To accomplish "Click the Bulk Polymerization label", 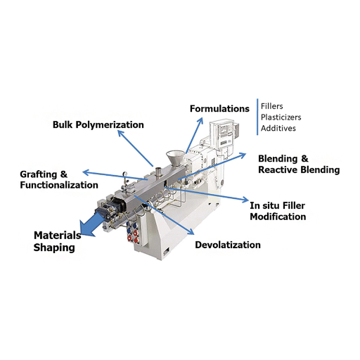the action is click(98, 124).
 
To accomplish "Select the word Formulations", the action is click(219, 108).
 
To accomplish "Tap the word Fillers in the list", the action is click(272, 106).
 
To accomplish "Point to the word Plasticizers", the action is click(281, 117).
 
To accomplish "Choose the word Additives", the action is click(278, 128).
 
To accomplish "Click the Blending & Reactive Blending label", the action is click(299, 164).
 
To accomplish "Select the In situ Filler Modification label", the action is click(278, 211).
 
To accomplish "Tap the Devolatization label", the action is click(228, 245).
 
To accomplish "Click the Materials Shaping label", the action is click(58, 241).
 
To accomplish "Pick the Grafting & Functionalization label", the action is click(59, 179).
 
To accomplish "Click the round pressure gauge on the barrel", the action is click(125, 174).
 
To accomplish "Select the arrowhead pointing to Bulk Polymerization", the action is click(120, 134).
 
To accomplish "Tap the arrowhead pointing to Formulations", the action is click(200, 120).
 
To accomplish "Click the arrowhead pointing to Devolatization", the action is click(191, 231).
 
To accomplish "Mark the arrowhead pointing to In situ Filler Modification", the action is click(245, 200).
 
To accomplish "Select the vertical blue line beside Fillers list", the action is click(257, 117).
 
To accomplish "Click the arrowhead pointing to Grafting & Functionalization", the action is click(86, 173).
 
